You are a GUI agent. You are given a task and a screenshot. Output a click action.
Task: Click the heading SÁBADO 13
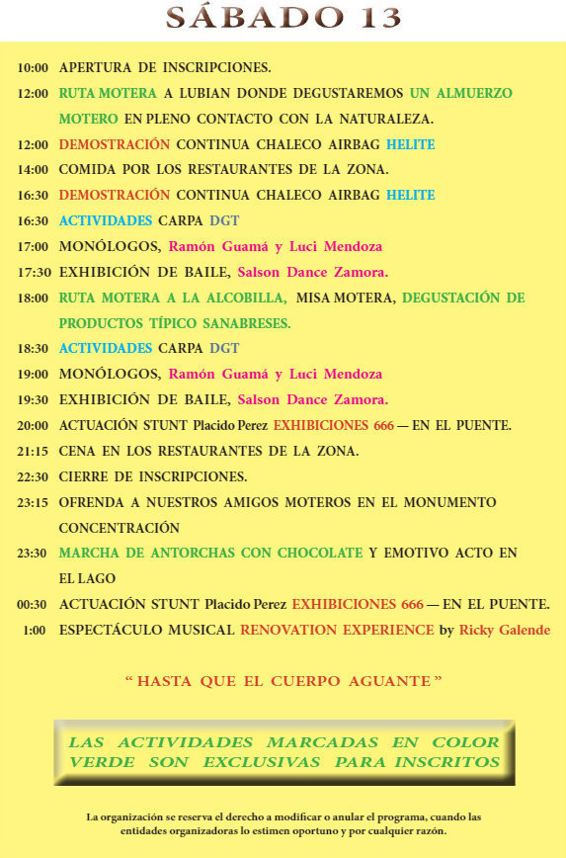(283, 18)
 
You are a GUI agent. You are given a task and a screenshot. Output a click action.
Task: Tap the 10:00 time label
(33, 68)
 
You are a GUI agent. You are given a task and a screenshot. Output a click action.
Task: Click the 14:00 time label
(33, 170)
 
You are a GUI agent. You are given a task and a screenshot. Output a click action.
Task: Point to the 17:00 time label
(33, 246)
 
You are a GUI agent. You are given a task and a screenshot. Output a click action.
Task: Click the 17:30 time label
(33, 272)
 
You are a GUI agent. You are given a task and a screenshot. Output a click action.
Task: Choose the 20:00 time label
(33, 426)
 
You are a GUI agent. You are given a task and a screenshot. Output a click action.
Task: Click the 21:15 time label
(33, 451)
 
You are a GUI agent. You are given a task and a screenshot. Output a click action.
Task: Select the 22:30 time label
(33, 476)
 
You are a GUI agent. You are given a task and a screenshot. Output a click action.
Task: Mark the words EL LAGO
(87, 578)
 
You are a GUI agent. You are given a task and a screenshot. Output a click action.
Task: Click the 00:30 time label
(33, 604)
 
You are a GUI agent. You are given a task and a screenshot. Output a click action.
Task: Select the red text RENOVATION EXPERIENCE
(337, 630)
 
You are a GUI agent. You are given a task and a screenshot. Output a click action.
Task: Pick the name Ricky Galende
(505, 630)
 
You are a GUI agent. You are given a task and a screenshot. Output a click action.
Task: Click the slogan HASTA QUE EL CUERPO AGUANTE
(283, 681)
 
